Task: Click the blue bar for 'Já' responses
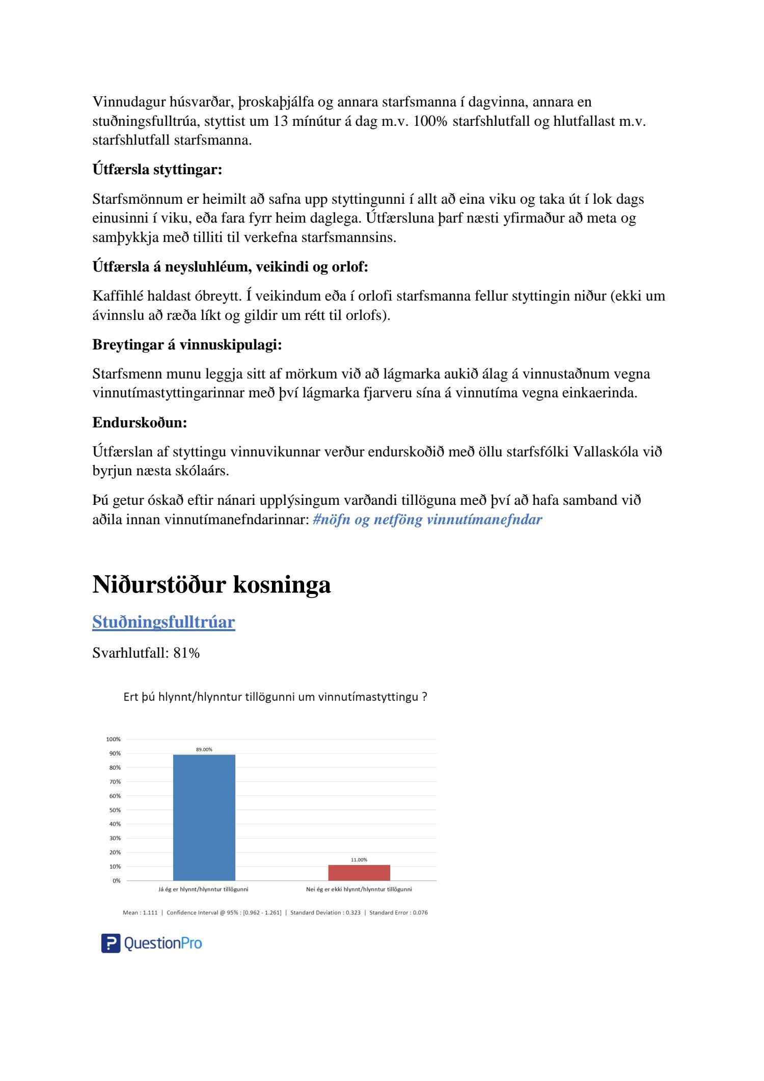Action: [x=204, y=817]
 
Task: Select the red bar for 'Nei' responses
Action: [x=359, y=873]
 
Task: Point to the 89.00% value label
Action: [x=204, y=749]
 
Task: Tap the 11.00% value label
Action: [x=359, y=860]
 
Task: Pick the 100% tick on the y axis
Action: [x=113, y=739]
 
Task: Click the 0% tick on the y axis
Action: [x=117, y=881]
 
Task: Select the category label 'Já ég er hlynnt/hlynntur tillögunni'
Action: [x=203, y=889]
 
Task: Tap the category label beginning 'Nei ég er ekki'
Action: [x=359, y=889]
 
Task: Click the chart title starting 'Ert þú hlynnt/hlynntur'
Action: [x=275, y=697]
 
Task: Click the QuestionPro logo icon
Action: [x=111, y=943]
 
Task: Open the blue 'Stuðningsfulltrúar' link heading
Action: [x=163, y=622]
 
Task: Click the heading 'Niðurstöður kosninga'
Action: [x=211, y=584]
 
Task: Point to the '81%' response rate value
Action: [x=186, y=653]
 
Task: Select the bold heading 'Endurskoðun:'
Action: [x=140, y=422]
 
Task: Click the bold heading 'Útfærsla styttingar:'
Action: [x=157, y=169]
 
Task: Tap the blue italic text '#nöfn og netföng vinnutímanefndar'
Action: [x=427, y=520]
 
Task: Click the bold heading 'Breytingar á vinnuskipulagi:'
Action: [x=187, y=345]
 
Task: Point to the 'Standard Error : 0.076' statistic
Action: [x=398, y=912]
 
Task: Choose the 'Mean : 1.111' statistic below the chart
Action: [x=140, y=912]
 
